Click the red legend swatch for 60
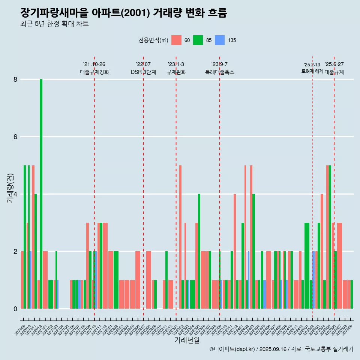pyautogui.click(x=176, y=40)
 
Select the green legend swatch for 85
pyautogui.click(x=198, y=40)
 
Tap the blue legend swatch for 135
pyautogui.click(x=220, y=40)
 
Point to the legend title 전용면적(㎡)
pyautogui.click(x=153, y=40)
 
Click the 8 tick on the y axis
pyautogui.click(x=15, y=79)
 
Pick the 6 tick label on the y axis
pyautogui.click(x=15, y=137)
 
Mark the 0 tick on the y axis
pyautogui.click(x=15, y=309)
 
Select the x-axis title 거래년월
pyautogui.click(x=187, y=340)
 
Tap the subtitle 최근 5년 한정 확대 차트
pyautogui.click(x=55, y=24)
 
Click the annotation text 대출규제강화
pyautogui.click(x=94, y=72)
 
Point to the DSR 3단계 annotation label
pyautogui.click(x=143, y=72)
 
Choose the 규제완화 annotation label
pyautogui.click(x=176, y=72)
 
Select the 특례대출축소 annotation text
pyautogui.click(x=220, y=72)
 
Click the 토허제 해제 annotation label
pyautogui.click(x=312, y=71)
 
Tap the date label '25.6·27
pyautogui.click(x=334, y=64)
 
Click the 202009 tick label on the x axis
pyautogui.click(x=20, y=330)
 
